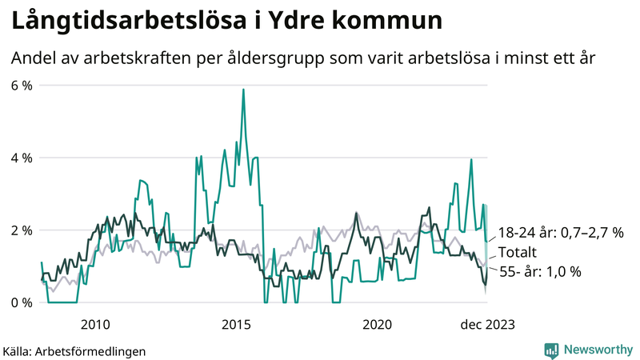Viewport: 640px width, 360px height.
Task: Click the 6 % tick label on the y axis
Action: coord(21,85)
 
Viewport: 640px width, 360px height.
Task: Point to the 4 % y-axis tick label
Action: coord(21,158)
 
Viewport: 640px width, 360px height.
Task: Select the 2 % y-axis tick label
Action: coord(21,230)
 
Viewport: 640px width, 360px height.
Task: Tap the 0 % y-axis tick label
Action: coord(21,302)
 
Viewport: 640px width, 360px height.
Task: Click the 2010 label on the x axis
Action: coord(95,325)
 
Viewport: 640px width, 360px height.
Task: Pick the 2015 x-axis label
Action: coord(237,325)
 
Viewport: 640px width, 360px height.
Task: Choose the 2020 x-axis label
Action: coord(378,325)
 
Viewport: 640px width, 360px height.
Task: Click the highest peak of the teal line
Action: coord(243,90)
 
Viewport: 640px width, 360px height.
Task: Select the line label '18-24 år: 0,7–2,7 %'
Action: coord(561,233)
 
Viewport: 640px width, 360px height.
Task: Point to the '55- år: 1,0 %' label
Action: coord(540,271)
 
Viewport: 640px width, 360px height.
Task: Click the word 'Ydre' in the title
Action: coord(307,21)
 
